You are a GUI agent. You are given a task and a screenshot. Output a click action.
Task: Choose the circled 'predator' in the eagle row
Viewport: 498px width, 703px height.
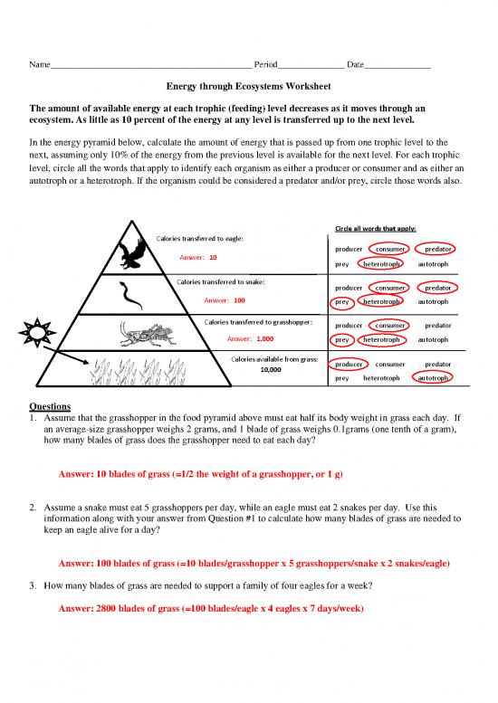click(x=438, y=249)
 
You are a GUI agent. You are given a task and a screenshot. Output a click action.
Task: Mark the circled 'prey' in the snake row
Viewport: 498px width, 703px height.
click(x=341, y=302)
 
